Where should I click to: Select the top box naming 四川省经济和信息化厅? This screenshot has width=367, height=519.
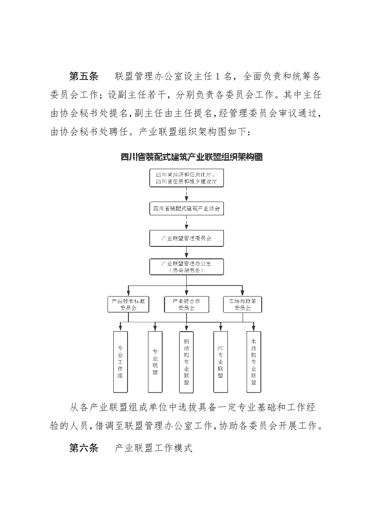click(186, 178)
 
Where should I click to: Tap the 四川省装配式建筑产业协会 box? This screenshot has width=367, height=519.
click(186, 208)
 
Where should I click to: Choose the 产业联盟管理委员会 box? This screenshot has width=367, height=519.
click(186, 238)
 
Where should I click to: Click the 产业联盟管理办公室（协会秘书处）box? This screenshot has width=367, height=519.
click(186, 267)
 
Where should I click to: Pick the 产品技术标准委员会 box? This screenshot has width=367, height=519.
click(128, 304)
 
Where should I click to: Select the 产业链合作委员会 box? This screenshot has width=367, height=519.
click(186, 304)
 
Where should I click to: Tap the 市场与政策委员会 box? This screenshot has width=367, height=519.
click(243, 304)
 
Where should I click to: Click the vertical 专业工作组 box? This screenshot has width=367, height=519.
click(120, 361)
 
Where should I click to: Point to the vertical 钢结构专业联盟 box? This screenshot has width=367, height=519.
click(186, 361)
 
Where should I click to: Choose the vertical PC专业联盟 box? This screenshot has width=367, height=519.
click(220, 361)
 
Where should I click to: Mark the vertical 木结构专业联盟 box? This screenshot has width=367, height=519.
click(253, 361)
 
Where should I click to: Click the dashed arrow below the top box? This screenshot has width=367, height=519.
click(186, 194)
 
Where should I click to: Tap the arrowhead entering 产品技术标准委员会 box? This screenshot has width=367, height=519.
click(128, 293)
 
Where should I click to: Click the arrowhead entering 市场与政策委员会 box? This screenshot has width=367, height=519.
click(243, 293)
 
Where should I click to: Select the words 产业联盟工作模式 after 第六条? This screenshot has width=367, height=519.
click(153, 448)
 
